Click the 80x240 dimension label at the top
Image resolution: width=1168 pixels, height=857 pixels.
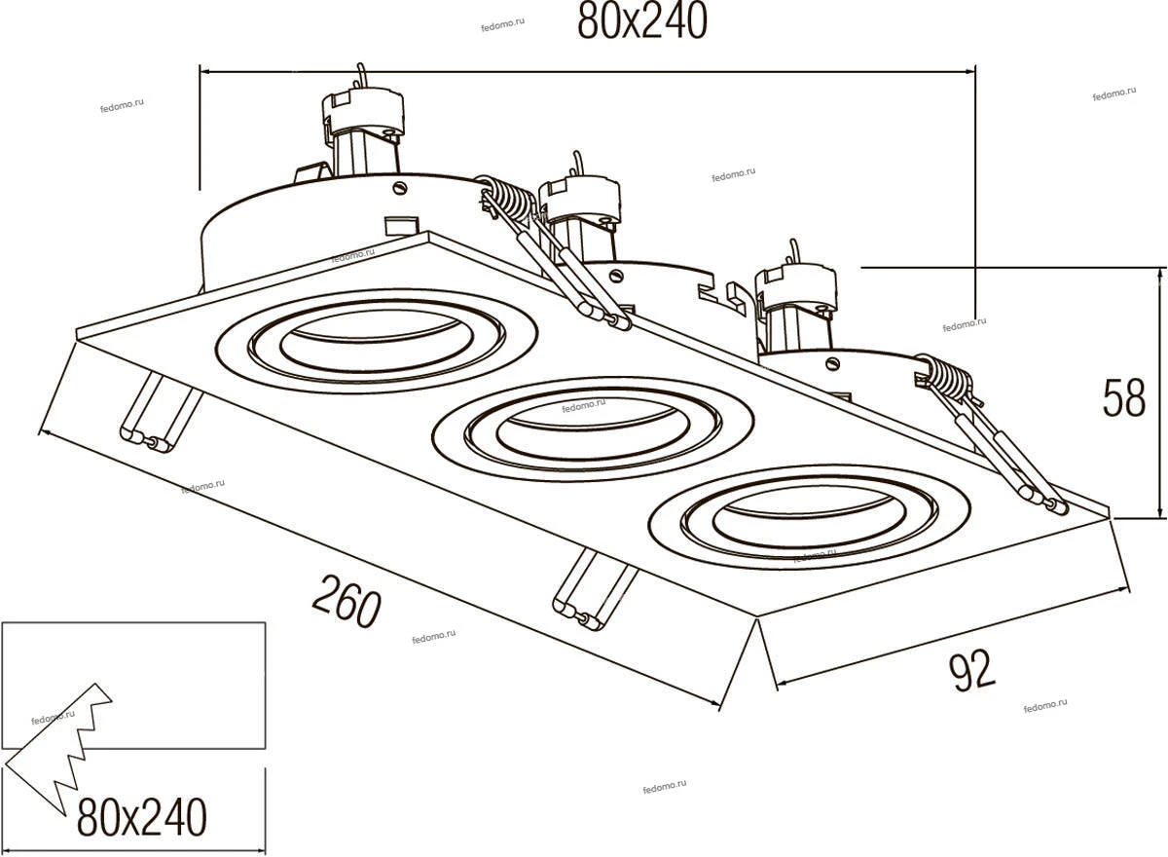pyautogui.click(x=641, y=22)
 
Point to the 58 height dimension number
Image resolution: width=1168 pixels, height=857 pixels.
pyautogui.click(x=1124, y=397)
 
